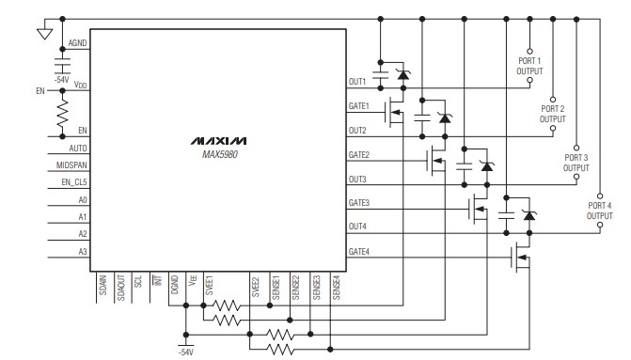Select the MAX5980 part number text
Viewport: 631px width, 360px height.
pyautogui.click(x=217, y=153)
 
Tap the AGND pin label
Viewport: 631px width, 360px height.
pyautogui.click(x=78, y=44)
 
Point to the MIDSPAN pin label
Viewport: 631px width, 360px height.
pyautogui.click(x=73, y=165)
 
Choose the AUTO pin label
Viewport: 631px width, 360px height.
pyautogui.click(x=78, y=149)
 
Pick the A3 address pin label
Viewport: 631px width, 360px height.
pyautogui.click(x=83, y=251)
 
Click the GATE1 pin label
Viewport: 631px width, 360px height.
pyautogui.click(x=358, y=105)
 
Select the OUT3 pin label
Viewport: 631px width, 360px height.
pyautogui.click(x=357, y=179)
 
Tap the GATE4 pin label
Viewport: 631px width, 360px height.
pyautogui.click(x=358, y=251)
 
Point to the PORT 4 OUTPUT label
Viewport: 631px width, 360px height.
pyautogui.click(x=599, y=211)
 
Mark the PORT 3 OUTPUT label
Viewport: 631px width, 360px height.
pyautogui.click(x=576, y=163)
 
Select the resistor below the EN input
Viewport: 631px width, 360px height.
pyautogui.click(x=63, y=114)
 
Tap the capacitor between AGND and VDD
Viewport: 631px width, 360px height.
pyautogui.click(x=63, y=65)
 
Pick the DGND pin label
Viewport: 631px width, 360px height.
pyautogui.click(x=175, y=285)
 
